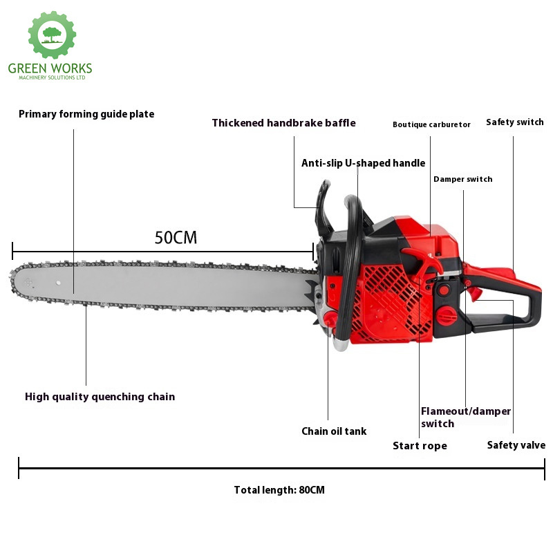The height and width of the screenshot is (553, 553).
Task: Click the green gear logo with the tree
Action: point(53,35)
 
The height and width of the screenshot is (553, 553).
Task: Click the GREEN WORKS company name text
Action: point(50,68)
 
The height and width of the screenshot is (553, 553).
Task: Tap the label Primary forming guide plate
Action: point(86,114)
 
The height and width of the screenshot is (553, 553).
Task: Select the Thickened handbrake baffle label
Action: point(284,123)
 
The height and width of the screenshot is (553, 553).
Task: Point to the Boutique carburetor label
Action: point(431,124)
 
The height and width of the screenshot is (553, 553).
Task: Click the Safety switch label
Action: point(515,122)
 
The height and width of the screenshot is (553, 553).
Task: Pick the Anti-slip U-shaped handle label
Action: point(364,163)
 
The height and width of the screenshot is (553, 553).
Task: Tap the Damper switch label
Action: point(462,179)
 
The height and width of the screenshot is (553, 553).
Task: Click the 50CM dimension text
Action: point(176,237)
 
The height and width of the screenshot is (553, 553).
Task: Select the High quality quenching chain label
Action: point(100,397)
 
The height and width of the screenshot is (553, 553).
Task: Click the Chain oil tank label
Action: point(334,431)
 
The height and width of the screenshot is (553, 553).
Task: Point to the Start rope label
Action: point(420,446)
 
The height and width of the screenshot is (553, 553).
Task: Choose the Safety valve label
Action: point(516,445)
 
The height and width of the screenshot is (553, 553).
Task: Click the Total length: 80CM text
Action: point(279,490)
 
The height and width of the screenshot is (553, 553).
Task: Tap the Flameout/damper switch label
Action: point(465,418)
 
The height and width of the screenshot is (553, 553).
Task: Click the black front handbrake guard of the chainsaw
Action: point(323,208)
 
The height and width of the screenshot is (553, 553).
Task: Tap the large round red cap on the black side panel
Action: point(447,315)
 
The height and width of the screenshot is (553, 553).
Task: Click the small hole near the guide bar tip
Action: point(58,283)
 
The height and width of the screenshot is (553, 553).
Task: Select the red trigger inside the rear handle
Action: point(473,292)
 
